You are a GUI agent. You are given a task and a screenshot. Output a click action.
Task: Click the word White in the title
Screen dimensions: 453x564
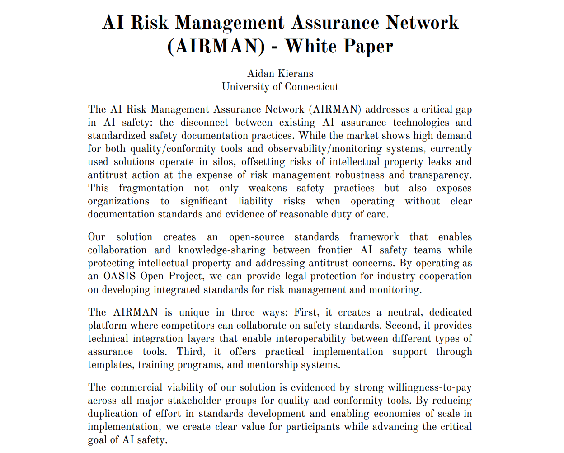click(x=311, y=46)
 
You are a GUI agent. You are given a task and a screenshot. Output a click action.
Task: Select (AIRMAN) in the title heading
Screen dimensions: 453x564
click(x=216, y=46)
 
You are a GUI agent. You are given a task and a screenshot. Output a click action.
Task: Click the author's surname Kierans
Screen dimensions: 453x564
click(x=296, y=73)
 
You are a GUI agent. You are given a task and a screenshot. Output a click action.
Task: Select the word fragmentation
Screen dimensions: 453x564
click(x=151, y=188)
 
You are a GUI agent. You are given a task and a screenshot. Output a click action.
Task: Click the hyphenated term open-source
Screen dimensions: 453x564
click(x=256, y=237)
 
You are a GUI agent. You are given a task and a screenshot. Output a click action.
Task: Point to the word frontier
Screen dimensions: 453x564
click(x=335, y=250)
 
